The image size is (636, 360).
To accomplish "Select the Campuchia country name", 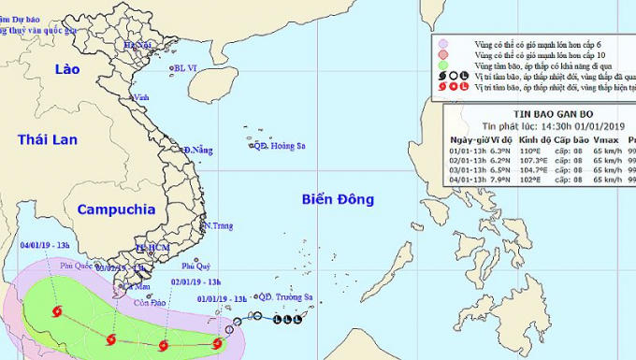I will tap(115, 209).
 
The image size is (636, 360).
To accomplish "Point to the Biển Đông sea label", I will tap(338, 199).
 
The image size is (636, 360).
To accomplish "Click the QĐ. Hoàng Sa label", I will tap(282, 145).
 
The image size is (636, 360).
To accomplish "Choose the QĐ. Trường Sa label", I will tap(285, 299).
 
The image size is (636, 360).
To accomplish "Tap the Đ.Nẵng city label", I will tap(198, 150).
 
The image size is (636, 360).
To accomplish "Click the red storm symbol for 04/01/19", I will tap(57, 311).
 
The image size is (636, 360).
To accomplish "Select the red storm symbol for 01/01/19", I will tap(217, 343).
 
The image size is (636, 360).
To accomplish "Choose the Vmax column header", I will tap(602, 138).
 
